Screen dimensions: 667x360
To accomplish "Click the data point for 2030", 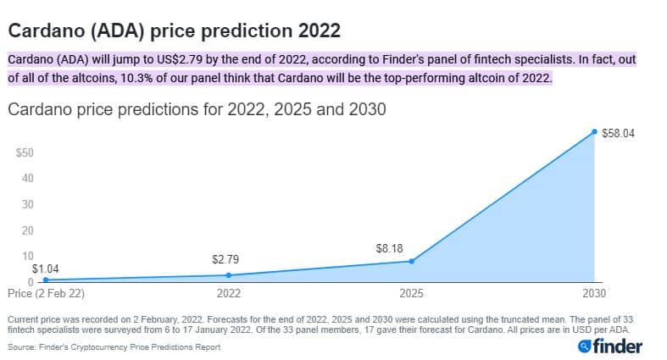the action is pos(594,132).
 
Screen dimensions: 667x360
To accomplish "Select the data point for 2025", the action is pos(411,261).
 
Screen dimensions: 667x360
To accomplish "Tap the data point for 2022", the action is pos(229,275).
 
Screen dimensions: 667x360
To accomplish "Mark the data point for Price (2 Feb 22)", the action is pos(46,280).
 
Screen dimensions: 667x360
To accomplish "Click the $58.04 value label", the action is pos(618,134).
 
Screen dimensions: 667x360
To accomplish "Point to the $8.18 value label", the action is pos(389,248).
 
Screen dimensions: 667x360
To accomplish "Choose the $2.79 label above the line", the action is pos(225,259).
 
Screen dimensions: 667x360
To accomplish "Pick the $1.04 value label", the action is pos(46,269).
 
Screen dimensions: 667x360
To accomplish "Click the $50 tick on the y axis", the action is pos(25,152).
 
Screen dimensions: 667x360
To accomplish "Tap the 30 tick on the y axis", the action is pos(28,204).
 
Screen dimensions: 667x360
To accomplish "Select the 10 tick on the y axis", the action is pos(28,256).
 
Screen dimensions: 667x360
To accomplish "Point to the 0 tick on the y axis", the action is pos(31,282).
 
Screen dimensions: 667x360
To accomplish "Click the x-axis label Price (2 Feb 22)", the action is pos(46,293).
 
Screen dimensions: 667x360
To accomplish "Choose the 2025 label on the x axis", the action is pos(411,293).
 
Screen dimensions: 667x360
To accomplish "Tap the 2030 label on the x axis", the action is pos(594,293).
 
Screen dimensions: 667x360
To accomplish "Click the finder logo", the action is pos(610,346).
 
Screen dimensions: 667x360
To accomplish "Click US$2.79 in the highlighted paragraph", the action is pos(179,59).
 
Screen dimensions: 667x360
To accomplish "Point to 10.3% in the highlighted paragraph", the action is pos(136,78).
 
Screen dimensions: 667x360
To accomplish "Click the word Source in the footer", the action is pos(21,347).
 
